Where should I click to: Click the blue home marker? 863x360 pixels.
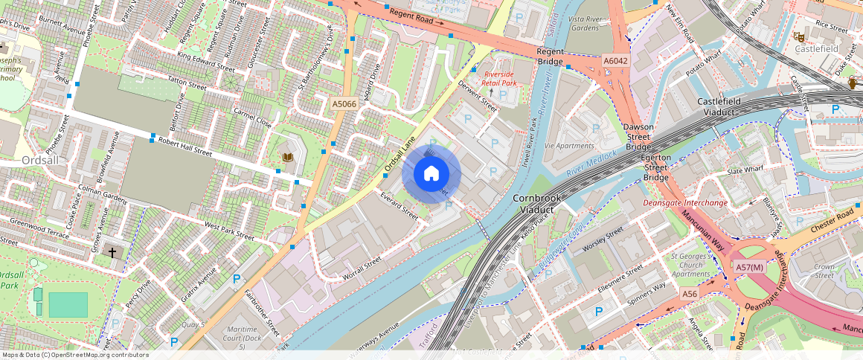[431, 174]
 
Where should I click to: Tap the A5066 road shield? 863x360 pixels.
[344, 105]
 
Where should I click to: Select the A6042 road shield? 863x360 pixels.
[615, 61]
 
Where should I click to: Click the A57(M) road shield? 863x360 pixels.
[749, 267]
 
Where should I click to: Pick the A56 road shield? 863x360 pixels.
[690, 295]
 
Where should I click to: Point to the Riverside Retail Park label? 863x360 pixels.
[498, 79]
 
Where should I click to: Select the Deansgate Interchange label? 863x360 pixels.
[685, 203]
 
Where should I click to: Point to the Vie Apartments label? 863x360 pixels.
[569, 146]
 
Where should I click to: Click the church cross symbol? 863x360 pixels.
[112, 253]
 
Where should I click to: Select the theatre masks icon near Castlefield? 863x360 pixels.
[801, 36]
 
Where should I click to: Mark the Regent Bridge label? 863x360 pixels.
[550, 57]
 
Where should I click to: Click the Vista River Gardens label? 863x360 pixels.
[583, 22]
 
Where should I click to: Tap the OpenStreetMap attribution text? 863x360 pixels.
[74, 355]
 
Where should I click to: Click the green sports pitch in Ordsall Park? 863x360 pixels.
[68, 305]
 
